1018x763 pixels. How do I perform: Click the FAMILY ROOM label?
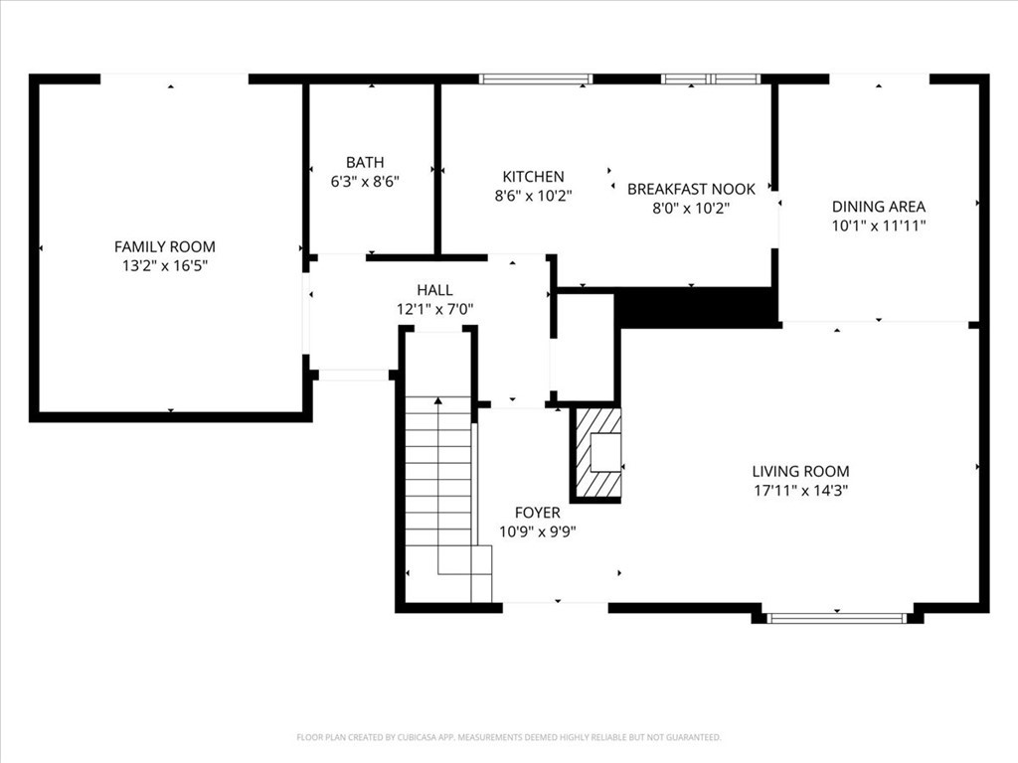(164, 246)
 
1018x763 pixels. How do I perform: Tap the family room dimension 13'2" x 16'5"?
(164, 265)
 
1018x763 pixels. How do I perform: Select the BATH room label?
(365, 162)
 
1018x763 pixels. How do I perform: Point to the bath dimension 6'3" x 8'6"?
(365, 181)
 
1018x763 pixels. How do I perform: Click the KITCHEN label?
(533, 177)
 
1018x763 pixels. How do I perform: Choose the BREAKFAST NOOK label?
(691, 189)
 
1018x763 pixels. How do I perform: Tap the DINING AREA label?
(878, 207)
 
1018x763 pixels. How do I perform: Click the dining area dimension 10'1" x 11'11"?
(878, 226)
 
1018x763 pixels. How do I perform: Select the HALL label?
(434, 290)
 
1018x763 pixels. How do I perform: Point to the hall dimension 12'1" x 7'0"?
(434, 309)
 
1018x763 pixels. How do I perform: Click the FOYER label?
(537, 513)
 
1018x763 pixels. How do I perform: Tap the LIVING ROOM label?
(800, 471)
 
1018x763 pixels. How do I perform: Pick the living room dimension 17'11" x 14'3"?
(800, 490)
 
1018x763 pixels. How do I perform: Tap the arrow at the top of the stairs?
(437, 399)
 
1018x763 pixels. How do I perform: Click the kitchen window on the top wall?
(536, 78)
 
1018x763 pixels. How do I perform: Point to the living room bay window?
(836, 618)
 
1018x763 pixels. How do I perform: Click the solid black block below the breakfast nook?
(696, 307)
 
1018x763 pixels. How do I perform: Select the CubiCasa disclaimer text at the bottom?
(509, 737)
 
